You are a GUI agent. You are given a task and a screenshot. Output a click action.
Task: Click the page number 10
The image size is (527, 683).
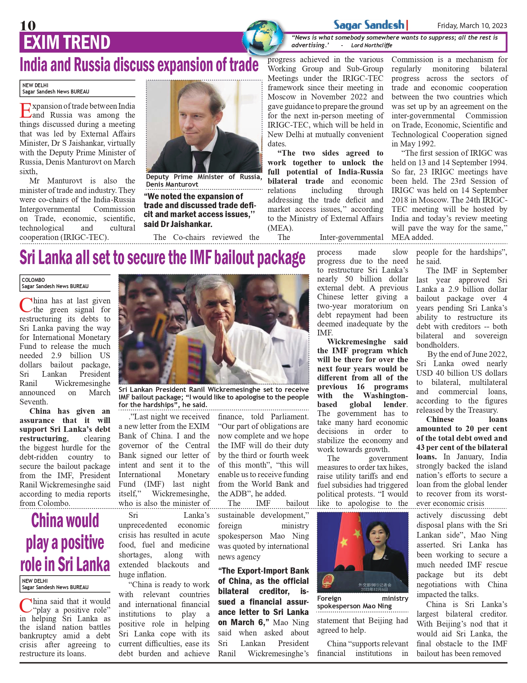pyautogui.click(x=28, y=25)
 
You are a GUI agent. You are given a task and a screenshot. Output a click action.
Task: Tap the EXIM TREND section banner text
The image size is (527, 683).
pyautogui.click(x=66, y=42)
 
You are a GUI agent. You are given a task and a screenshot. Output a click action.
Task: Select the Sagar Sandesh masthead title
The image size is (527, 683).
pyautogui.click(x=369, y=25)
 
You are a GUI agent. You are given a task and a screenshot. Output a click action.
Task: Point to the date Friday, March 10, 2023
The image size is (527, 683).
pyautogui.click(x=472, y=26)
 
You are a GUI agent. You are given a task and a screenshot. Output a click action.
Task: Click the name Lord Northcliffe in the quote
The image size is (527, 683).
pyautogui.click(x=371, y=45)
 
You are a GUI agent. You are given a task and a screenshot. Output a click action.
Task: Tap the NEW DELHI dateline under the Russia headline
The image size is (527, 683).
pyautogui.click(x=35, y=85)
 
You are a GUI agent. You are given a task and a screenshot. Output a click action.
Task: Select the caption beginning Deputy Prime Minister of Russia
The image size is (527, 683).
pyautogui.click(x=204, y=180)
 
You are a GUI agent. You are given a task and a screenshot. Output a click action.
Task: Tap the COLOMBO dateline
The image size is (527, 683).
pyautogui.click(x=33, y=280)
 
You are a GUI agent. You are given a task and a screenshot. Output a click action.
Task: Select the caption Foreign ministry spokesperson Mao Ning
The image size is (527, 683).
pyautogui.click(x=362, y=602)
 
